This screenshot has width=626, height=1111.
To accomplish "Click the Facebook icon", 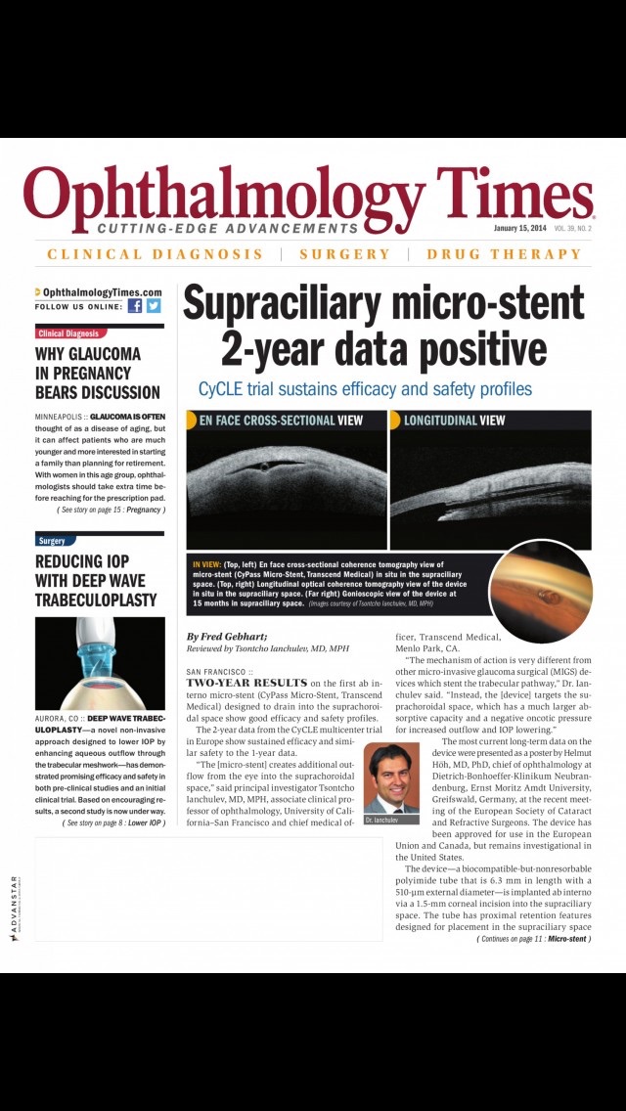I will pos(135,305).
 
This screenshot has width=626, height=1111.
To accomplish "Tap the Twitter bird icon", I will pos(154,305).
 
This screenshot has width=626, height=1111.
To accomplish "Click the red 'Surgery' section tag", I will pos(53,540).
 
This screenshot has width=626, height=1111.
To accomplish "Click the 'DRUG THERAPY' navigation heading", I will pos(504,254).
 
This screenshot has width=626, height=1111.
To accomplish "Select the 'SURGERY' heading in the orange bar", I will pos(344,254).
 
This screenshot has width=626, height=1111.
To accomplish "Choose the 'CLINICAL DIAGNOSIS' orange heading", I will pos(155,254).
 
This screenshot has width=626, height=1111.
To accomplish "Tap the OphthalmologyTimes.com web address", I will pos(102,292).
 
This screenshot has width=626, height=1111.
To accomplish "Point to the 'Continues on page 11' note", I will pos(533,939).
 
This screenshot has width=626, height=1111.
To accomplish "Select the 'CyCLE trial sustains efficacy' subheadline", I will pos(365,389).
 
